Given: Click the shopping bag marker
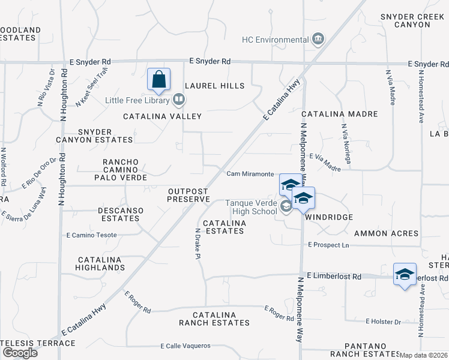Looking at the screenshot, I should (x=159, y=79).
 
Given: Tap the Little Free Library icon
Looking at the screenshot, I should (x=178, y=100).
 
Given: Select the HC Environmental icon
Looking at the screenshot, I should (x=318, y=40).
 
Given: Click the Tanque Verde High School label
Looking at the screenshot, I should (x=251, y=207).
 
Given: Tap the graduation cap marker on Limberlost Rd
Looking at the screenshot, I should (x=405, y=275).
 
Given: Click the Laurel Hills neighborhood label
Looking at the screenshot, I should (x=214, y=86).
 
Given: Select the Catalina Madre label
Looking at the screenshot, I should (x=340, y=114).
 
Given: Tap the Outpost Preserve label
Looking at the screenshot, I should (x=187, y=194).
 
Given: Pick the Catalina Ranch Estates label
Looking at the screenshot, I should (x=214, y=319).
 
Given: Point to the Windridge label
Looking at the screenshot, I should (x=328, y=217).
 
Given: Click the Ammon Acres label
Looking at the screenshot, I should (x=385, y=233).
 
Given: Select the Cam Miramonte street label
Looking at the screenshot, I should (x=250, y=174).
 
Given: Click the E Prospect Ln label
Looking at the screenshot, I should (x=328, y=245).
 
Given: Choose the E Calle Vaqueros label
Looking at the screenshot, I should (x=185, y=346).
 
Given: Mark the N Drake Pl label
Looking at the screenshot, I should (x=197, y=243).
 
